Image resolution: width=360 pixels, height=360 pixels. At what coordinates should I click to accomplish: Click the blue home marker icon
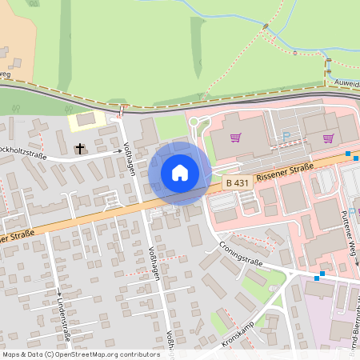click(x=180, y=173)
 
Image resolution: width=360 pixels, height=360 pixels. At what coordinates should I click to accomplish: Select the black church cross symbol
click(x=80, y=148)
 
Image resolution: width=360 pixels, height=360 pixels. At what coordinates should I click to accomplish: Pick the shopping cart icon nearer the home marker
click(x=236, y=138)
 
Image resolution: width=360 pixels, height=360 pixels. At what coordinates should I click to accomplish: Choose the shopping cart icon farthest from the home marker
click(x=328, y=138)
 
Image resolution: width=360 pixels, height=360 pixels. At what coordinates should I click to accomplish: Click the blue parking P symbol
click(x=286, y=136)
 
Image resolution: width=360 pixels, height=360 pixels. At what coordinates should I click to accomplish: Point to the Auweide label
click(x=346, y=82)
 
